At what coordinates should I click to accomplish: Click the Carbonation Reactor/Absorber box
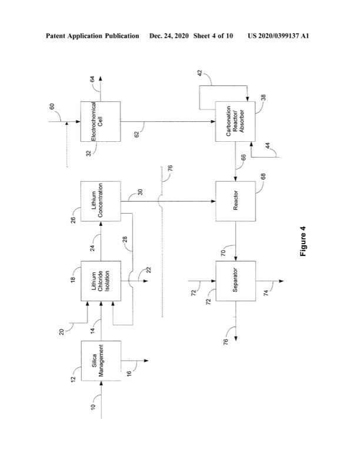pos(235,121)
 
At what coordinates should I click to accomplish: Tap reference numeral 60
pos(52,108)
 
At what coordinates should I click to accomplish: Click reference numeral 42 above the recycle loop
pos(199,74)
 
